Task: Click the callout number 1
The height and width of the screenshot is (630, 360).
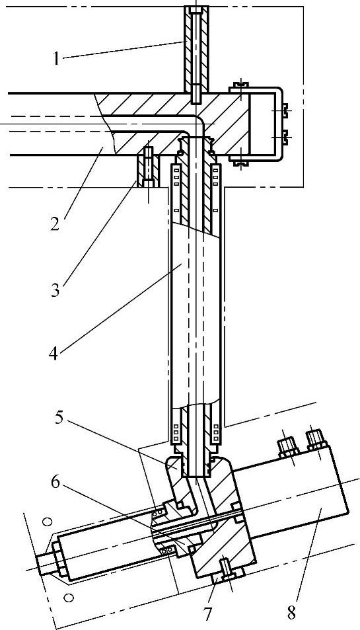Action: tap(57, 58)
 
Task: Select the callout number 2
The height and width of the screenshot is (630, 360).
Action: tap(55, 223)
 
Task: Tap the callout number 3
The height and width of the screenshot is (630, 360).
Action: tap(55, 290)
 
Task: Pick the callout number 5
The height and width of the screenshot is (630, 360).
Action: tap(59, 418)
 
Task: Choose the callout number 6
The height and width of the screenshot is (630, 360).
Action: tap(55, 481)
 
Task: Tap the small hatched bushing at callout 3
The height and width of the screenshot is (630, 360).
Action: tap(148, 167)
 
